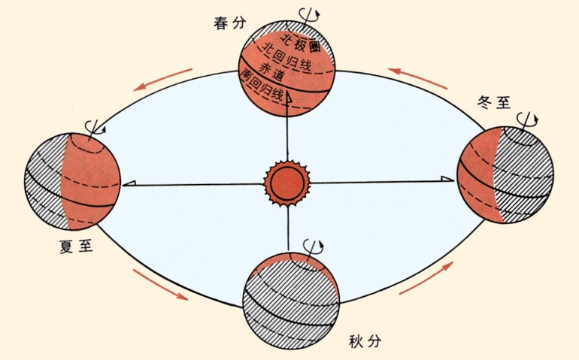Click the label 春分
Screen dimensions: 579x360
(229, 23)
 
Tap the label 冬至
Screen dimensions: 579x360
(494, 101)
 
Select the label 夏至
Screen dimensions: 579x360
(76, 247)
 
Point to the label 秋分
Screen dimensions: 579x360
(365, 341)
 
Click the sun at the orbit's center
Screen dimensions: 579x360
(287, 183)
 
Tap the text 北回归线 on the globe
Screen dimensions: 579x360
(286, 59)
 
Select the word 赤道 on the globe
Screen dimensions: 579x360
(271, 73)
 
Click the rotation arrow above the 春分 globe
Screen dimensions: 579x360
(309, 14)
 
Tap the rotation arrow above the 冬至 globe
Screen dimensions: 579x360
(527, 119)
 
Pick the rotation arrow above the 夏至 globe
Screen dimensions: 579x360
(95, 128)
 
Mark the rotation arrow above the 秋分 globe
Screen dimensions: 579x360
(313, 247)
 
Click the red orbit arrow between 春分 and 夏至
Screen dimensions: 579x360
(163, 80)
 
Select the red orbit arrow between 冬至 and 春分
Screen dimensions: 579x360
(417, 78)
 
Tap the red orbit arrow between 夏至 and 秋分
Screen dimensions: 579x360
(161, 284)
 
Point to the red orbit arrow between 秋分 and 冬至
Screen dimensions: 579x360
(426, 278)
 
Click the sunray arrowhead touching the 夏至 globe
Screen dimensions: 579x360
(129, 184)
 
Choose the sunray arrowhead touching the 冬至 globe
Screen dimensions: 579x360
(447, 179)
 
